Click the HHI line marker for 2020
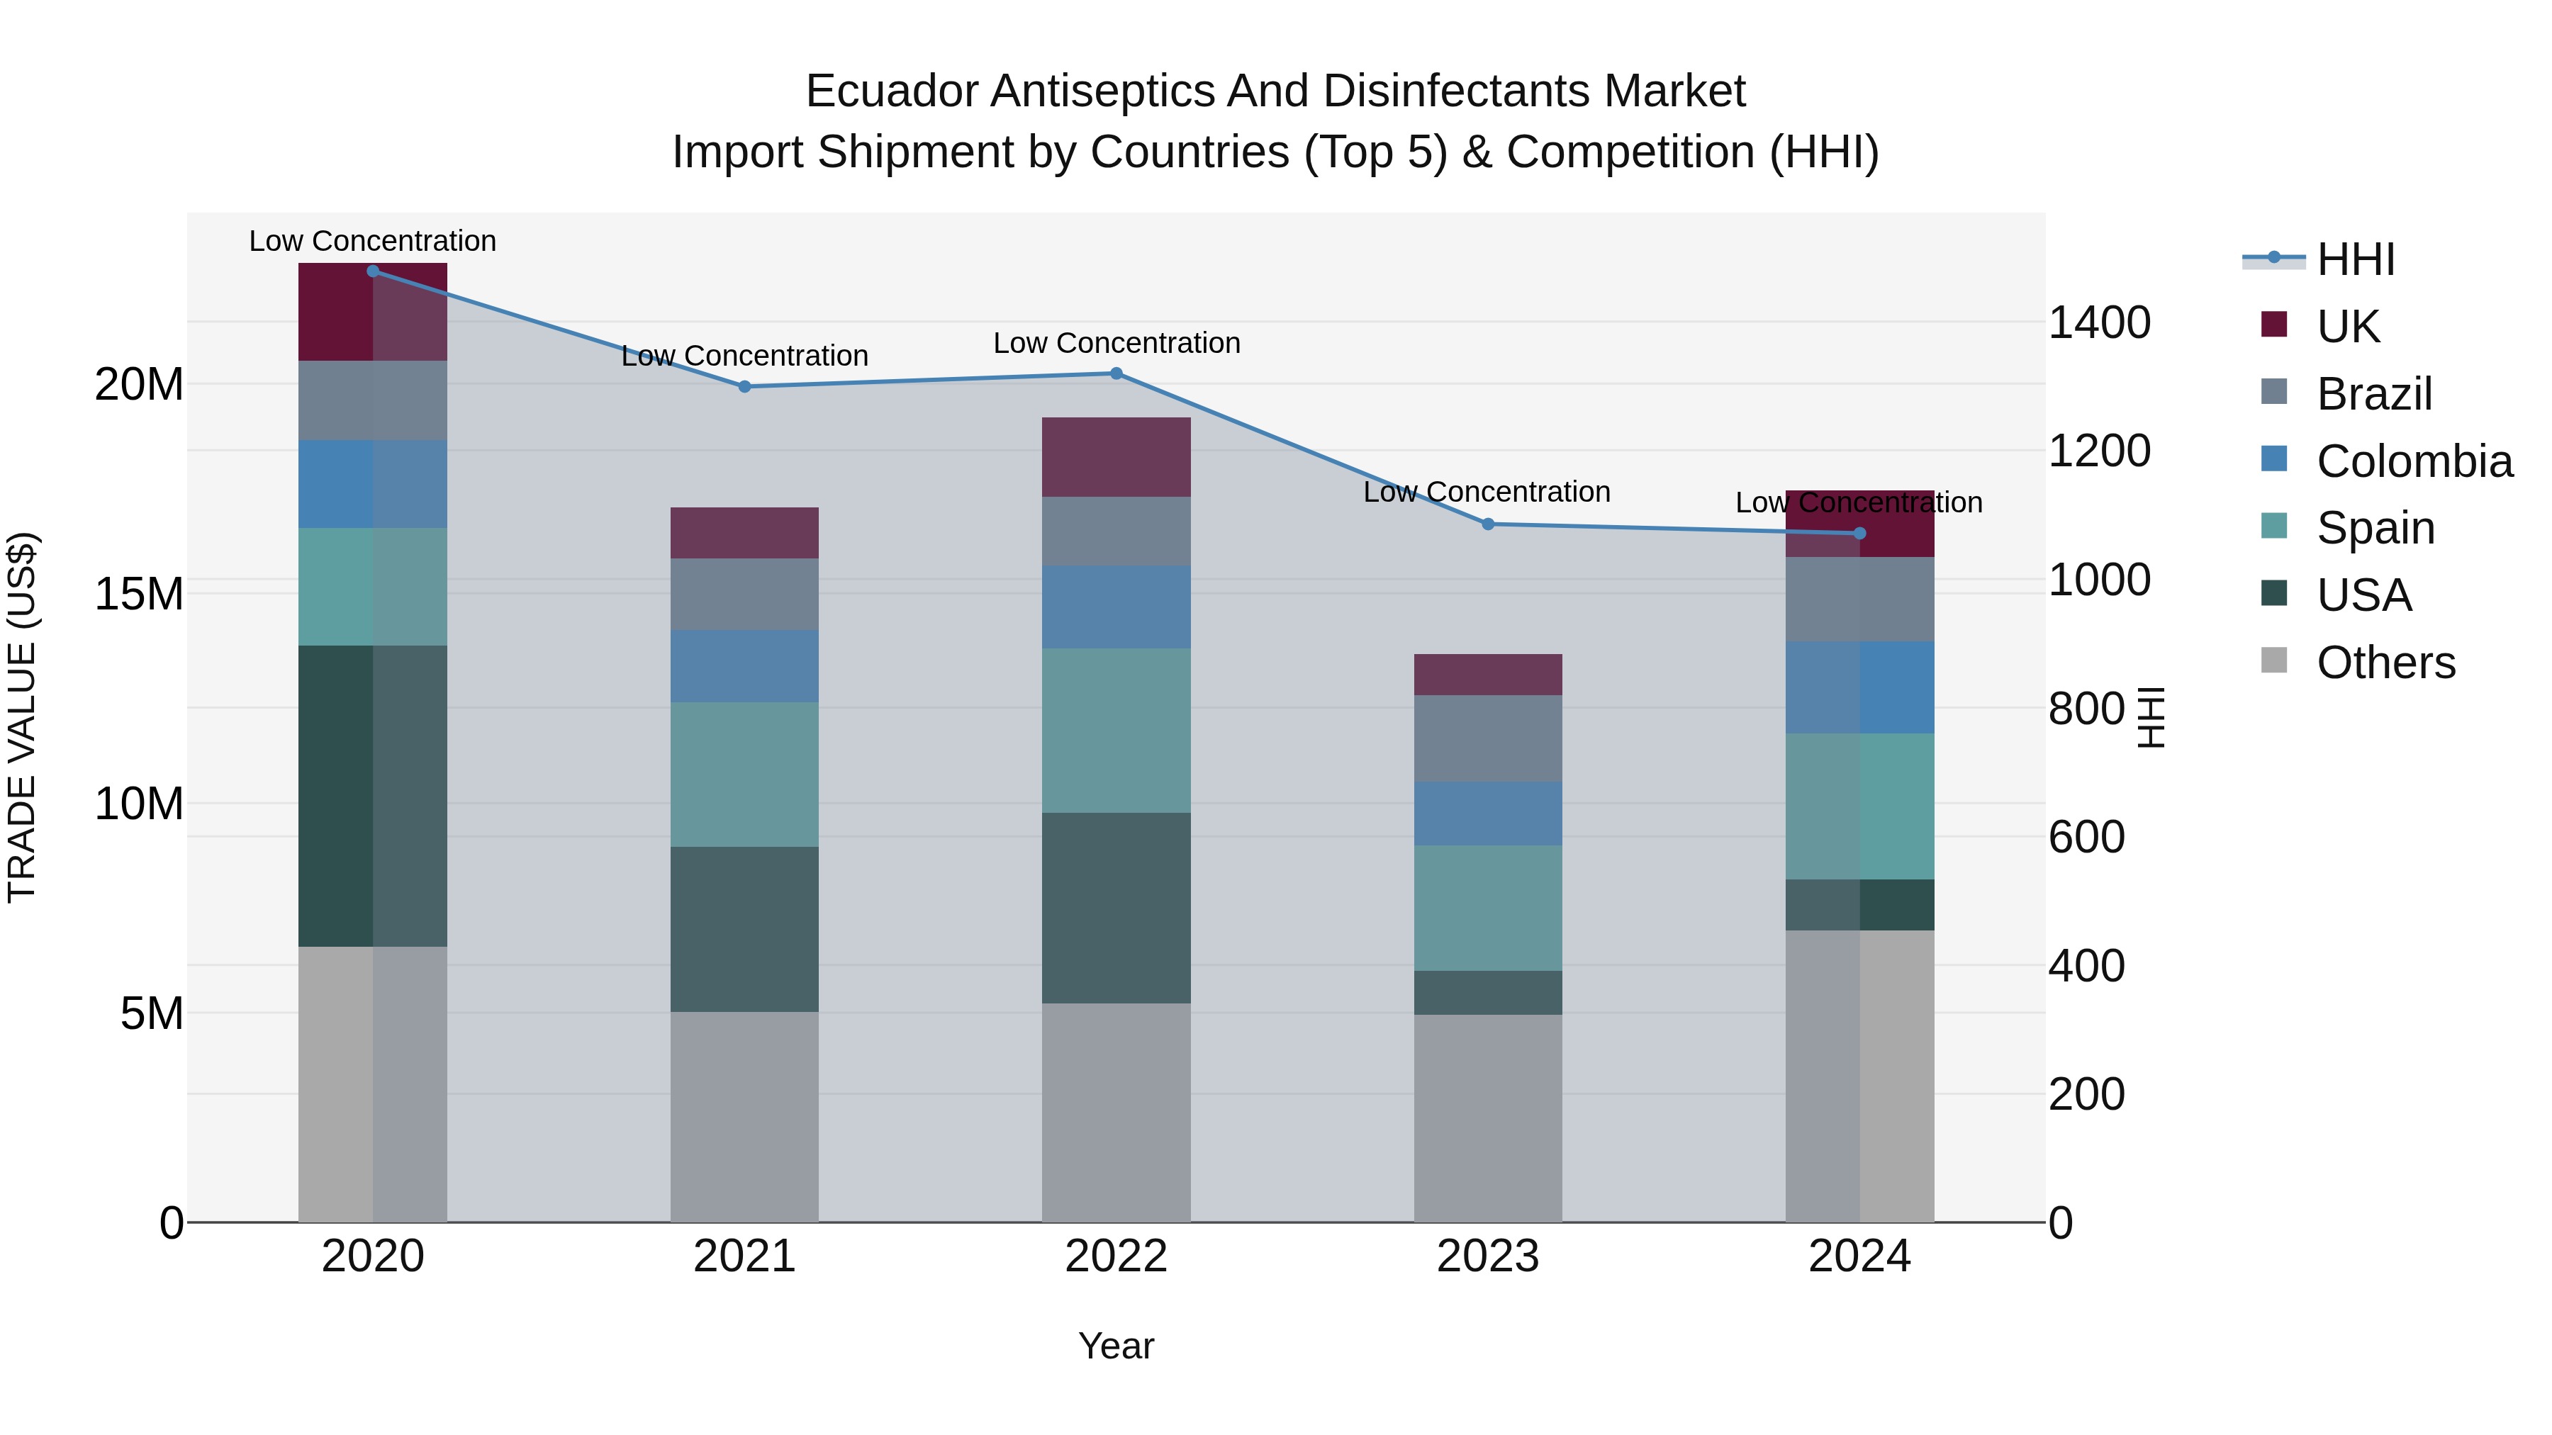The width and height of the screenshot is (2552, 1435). point(372,271)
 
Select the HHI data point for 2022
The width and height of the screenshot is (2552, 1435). point(1116,373)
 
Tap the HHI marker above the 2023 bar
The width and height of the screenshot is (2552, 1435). point(1487,524)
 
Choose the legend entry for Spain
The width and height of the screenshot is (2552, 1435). point(2375,528)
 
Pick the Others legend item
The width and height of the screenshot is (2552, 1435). point(2385,663)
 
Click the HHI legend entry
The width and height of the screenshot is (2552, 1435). point(2355,259)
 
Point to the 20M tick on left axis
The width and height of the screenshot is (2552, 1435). point(139,384)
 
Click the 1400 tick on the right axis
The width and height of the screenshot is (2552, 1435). point(2098,323)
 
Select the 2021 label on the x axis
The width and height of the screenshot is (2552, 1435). point(744,1256)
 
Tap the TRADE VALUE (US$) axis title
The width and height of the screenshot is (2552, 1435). point(22,717)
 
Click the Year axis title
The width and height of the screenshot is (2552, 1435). point(1116,1346)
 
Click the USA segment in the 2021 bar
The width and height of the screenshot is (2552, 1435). point(744,929)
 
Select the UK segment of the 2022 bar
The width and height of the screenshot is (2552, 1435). point(1116,456)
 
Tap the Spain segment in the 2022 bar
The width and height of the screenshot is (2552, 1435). point(1116,731)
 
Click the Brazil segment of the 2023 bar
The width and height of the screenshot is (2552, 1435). point(1487,738)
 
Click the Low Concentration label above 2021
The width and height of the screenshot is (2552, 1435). point(744,356)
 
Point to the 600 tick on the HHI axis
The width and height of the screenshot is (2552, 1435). point(2086,837)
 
